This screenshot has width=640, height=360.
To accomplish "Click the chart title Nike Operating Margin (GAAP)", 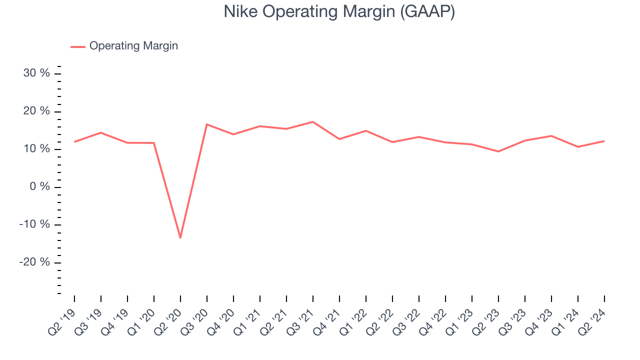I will tap(339, 11).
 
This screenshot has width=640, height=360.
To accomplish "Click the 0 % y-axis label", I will tap(40, 186).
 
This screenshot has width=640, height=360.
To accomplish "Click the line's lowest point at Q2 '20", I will tap(180, 237).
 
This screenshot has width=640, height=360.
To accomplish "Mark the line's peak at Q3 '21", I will tap(312, 122).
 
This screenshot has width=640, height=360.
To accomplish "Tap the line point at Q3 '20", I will tap(206, 124).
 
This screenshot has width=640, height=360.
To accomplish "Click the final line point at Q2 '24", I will tap(604, 141).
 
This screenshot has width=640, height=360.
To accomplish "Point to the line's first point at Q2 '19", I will tap(74, 141).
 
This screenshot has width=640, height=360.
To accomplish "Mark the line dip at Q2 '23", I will tap(498, 151).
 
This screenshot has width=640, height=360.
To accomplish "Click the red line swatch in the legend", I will tap(78, 46).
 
